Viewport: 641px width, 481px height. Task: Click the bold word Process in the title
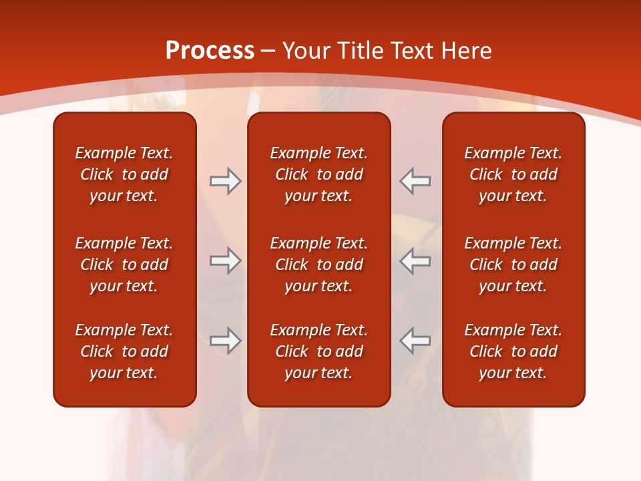[x=210, y=51]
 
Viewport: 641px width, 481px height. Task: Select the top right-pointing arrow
[x=225, y=181]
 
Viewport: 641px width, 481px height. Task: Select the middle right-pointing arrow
[x=225, y=261]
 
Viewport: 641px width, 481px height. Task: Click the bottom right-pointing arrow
[x=225, y=340]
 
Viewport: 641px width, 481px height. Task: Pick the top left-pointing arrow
[x=415, y=181]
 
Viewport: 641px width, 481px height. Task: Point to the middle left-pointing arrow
[x=415, y=261]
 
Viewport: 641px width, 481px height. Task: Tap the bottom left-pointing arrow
[x=415, y=340]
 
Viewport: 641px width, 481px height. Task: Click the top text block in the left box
[x=124, y=174]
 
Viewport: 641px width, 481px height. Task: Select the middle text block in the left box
[x=124, y=265]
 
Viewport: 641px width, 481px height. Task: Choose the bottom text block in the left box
[x=124, y=351]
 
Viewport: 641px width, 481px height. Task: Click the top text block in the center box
[x=318, y=174]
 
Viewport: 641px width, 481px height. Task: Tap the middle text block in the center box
[x=318, y=265]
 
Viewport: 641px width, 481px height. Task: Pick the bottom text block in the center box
[x=318, y=351]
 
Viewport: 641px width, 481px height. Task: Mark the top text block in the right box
[x=513, y=174]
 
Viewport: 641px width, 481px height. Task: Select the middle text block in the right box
[x=513, y=265]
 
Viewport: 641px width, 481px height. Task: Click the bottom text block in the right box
[x=513, y=351]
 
